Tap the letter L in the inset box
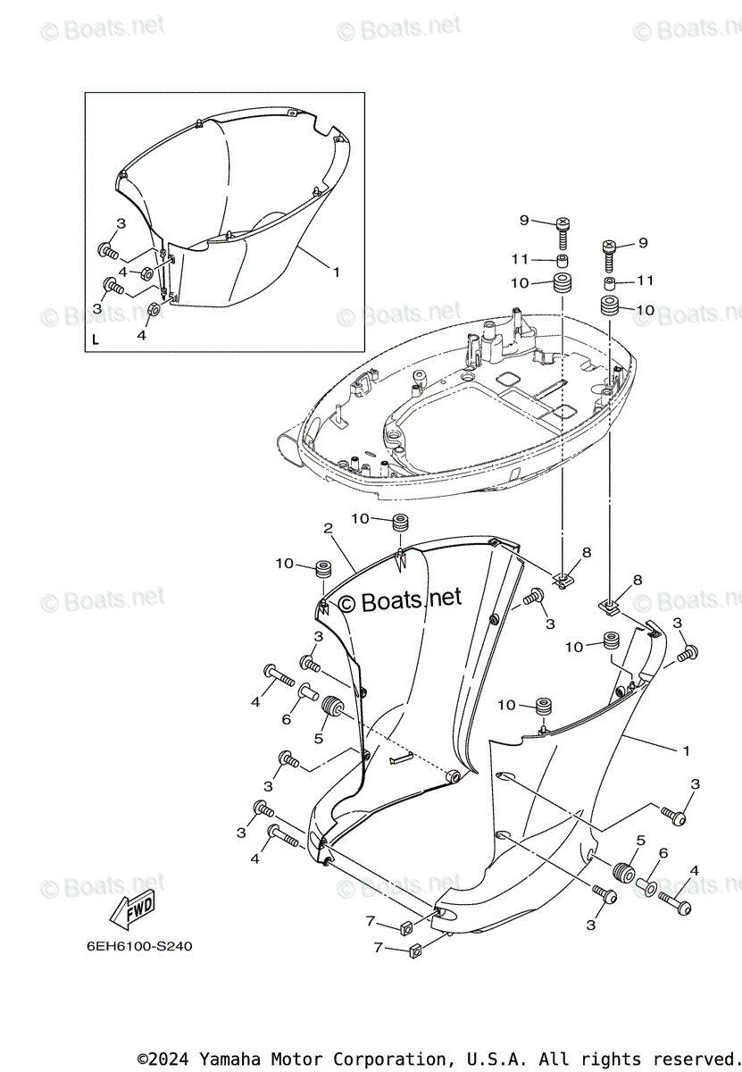point(96,339)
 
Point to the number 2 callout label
point(328,529)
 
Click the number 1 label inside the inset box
point(336,272)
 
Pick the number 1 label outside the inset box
point(686,750)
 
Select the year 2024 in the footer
point(175,1059)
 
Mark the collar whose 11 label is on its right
point(610,283)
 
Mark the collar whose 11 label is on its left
point(563,261)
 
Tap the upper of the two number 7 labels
point(370,921)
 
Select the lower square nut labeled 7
point(413,951)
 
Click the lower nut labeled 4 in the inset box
point(152,311)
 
